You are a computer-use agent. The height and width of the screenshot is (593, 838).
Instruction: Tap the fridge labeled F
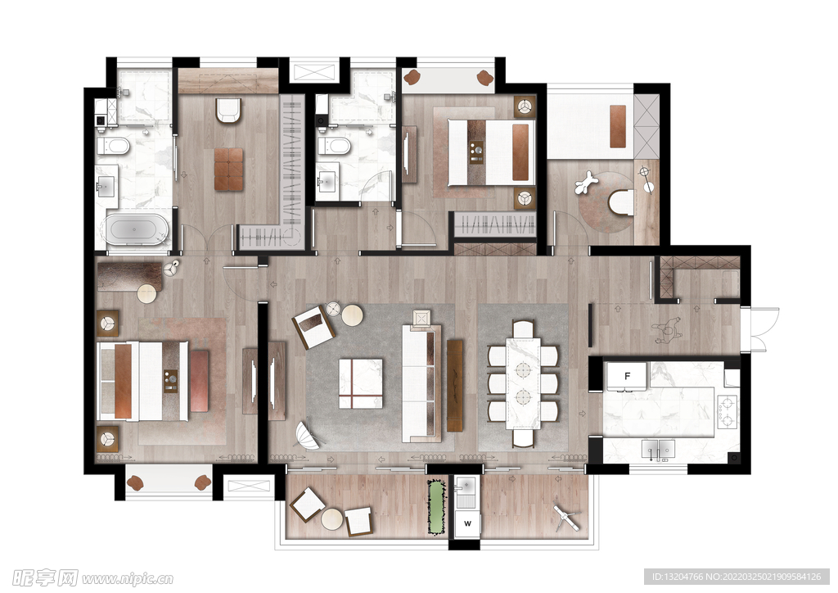pyautogui.click(x=627, y=376)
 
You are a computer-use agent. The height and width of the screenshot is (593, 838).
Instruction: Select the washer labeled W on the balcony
pyautogui.click(x=467, y=523)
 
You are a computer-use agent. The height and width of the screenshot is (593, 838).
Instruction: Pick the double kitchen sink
pyautogui.click(x=658, y=449)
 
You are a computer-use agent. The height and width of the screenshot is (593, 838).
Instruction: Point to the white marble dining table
pyautogui.click(x=523, y=383)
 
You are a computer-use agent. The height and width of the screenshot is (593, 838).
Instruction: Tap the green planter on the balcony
pyautogui.click(x=437, y=507)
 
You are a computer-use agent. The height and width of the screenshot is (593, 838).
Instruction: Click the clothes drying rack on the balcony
pyautogui.click(x=565, y=518)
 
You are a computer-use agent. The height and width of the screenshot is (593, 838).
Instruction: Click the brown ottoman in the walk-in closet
pyautogui.click(x=228, y=170)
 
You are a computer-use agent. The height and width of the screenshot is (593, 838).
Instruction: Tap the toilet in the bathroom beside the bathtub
pyautogui.click(x=113, y=146)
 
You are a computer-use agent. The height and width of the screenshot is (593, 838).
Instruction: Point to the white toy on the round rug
pyautogui.click(x=586, y=183)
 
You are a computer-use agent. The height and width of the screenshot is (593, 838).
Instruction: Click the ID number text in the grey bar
pyautogui.click(x=676, y=577)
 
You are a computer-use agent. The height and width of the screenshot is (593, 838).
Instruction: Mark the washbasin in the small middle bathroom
pyautogui.click(x=327, y=183)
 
